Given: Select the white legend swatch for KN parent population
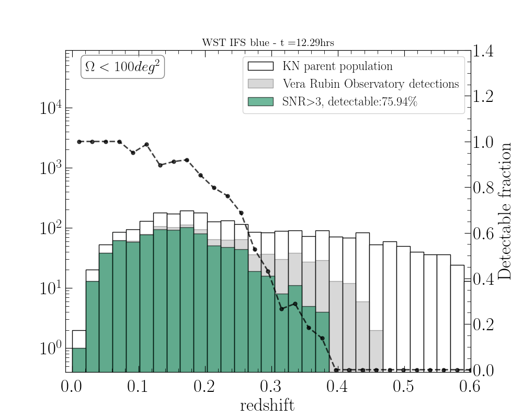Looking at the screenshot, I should pyautogui.click(x=260, y=66).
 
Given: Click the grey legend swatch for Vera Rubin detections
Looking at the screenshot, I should pyautogui.click(x=260, y=84).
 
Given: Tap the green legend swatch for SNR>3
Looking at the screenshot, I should pyautogui.click(x=260, y=101).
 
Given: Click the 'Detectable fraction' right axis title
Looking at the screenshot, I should pyautogui.click(x=505, y=211).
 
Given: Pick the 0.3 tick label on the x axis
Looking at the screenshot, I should pyautogui.click(x=270, y=387).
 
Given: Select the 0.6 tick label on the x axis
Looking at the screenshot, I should pyautogui.click(x=471, y=387).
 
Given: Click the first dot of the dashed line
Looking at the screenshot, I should pyautogui.click(x=79, y=142).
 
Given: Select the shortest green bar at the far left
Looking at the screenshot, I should pyautogui.click(x=79, y=360).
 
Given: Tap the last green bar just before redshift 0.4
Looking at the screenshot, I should pyautogui.click(x=322, y=342).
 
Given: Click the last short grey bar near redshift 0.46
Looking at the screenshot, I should pyautogui.click(x=376, y=351).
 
